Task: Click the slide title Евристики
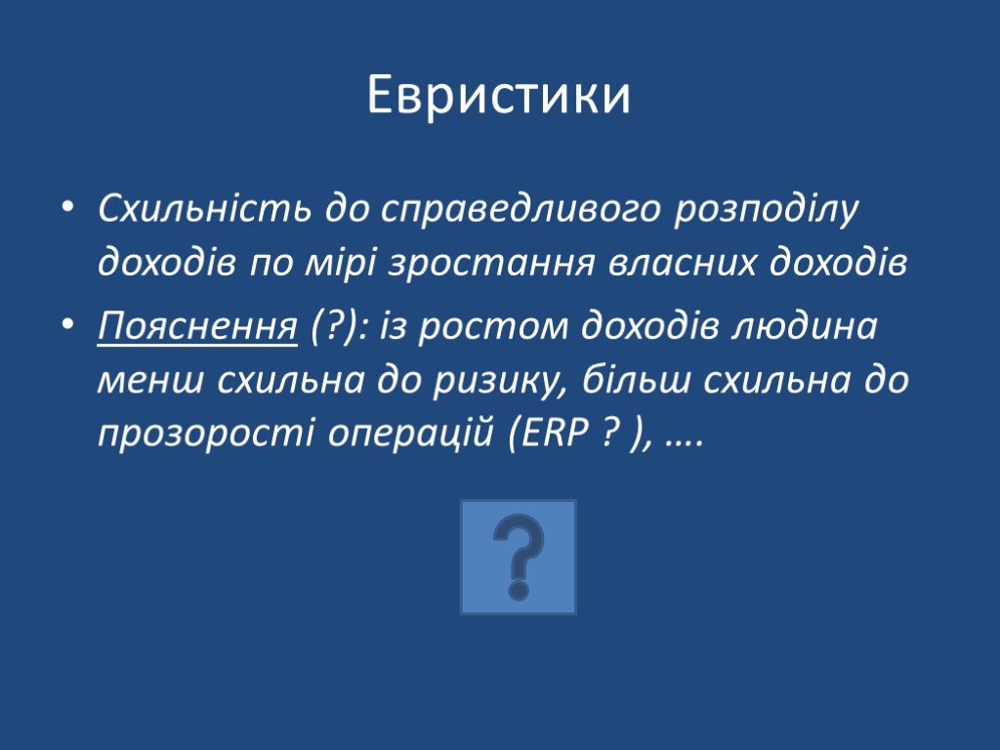(499, 97)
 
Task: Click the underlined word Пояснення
(197, 326)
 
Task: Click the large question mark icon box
(519, 558)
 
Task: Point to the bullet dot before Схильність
(65, 210)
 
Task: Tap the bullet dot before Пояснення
(65, 327)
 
